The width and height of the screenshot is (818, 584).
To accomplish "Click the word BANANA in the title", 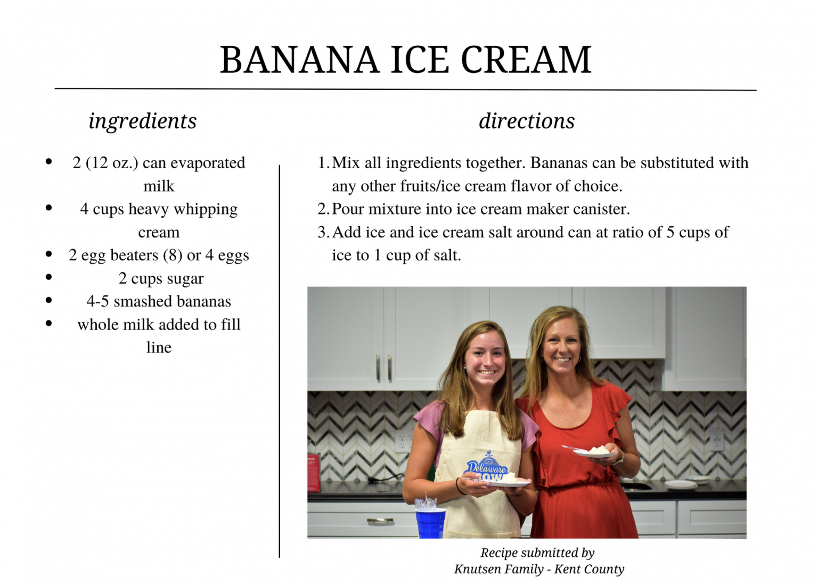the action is click(x=299, y=60).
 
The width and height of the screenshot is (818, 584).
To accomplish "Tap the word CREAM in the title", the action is click(x=526, y=60).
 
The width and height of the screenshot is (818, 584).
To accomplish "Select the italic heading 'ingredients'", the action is click(x=143, y=121).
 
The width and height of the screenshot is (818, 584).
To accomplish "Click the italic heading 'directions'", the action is click(x=527, y=121).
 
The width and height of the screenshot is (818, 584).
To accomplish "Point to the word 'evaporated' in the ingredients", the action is click(x=208, y=163).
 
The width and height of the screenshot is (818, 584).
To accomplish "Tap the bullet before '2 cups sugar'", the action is click(x=49, y=277).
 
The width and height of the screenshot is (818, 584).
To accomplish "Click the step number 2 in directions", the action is click(x=322, y=209).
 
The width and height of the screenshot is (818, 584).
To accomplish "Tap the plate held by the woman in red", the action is click(x=594, y=454).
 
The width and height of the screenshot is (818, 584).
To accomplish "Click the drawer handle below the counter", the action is click(x=380, y=520).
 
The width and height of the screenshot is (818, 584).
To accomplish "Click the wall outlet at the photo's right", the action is click(x=716, y=440).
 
